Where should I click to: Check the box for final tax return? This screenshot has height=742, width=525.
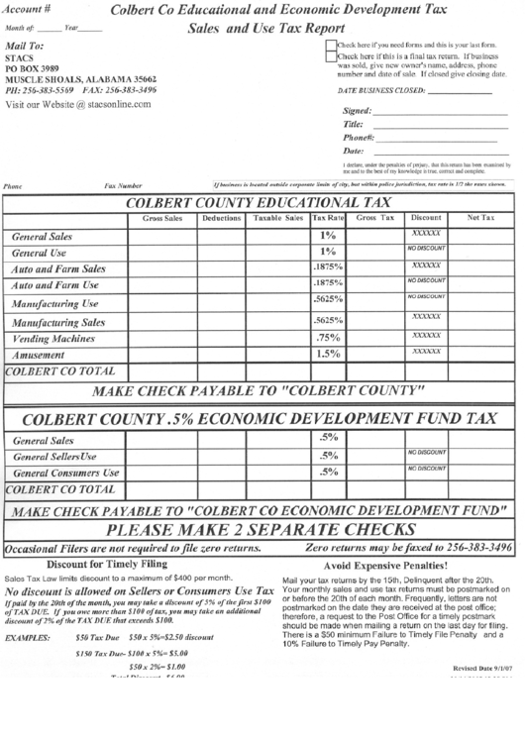[x=330, y=46]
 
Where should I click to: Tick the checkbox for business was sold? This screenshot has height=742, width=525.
[x=330, y=57]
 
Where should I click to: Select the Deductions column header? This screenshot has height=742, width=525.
[x=221, y=217]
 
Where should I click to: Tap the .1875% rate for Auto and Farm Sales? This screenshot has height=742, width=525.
[x=328, y=268]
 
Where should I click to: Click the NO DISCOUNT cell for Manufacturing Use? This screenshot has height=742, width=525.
[x=426, y=297]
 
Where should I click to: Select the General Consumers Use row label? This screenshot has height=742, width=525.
[x=65, y=474]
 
